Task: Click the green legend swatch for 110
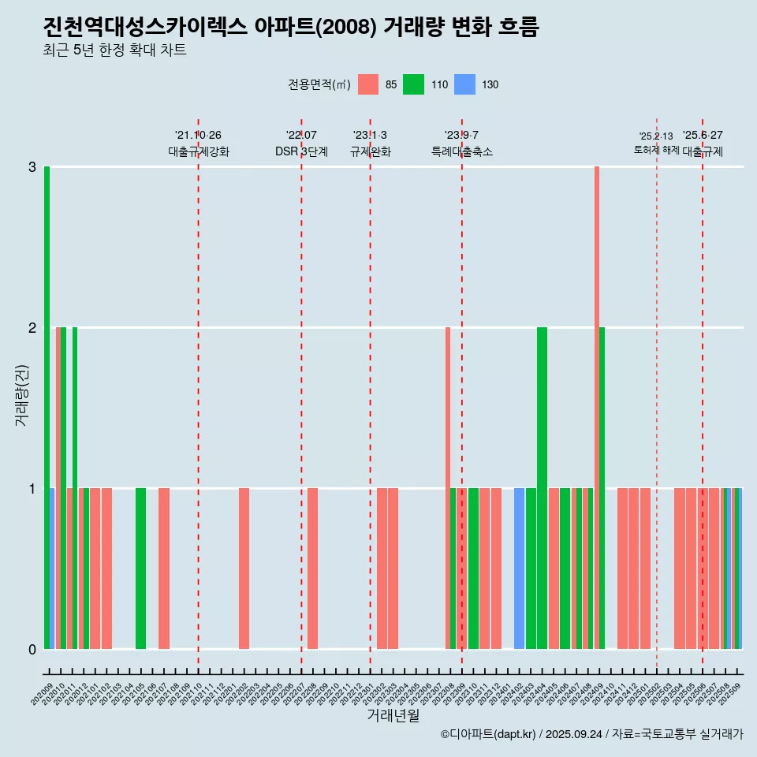tap(413, 84)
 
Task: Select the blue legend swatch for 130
tap(465, 84)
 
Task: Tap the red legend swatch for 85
tap(368, 84)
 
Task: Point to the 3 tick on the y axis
tap(32, 167)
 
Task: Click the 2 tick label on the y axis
tap(32, 328)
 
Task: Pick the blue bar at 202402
tap(519, 569)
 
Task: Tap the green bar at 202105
tap(140, 569)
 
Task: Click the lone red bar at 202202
tap(244, 569)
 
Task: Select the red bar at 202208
tap(312, 569)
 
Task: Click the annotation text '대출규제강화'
tap(198, 152)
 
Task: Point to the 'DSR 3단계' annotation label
tap(301, 152)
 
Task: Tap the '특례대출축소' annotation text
tap(462, 152)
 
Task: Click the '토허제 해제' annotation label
tap(656, 150)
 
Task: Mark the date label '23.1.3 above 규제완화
tap(370, 136)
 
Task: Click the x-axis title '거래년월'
tap(393, 715)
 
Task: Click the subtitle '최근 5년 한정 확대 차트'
tap(115, 51)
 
